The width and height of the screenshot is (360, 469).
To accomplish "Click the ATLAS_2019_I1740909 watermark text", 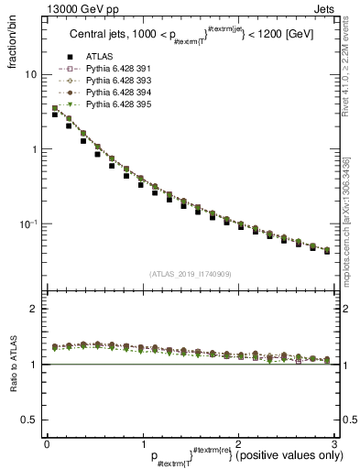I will click(190, 275).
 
